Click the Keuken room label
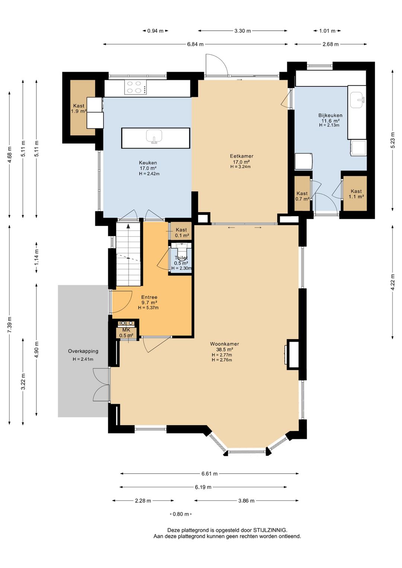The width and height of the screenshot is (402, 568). click(x=148, y=163)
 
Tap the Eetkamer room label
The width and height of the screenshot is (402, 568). click(x=242, y=156)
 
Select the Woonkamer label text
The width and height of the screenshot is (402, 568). click(x=224, y=344)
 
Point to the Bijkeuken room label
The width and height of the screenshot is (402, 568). click(x=330, y=115)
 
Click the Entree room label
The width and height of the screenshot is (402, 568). click(x=149, y=297)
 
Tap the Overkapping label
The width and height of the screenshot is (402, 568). click(x=83, y=351)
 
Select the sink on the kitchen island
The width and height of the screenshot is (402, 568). click(x=154, y=137)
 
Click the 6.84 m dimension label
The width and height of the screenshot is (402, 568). click(x=195, y=44)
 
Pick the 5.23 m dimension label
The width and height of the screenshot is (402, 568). click(x=393, y=141)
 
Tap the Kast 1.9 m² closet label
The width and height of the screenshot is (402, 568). click(x=79, y=109)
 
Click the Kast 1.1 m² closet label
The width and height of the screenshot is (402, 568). click(x=356, y=194)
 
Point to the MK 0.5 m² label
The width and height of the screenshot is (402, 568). click(x=126, y=332)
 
